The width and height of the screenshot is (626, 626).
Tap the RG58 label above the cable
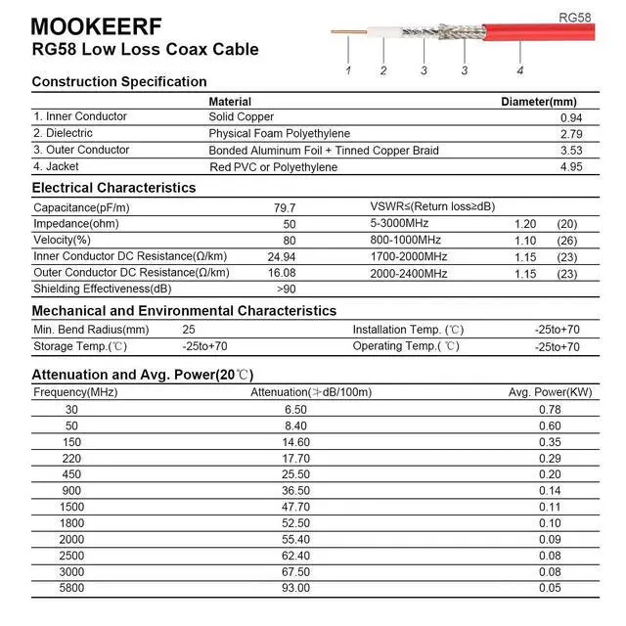575,18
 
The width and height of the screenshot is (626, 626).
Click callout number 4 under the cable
519,70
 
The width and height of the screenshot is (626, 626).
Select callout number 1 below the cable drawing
348,70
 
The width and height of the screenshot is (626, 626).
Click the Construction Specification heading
119,82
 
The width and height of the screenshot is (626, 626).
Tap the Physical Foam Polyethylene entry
279,134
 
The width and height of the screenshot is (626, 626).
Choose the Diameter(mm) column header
538,102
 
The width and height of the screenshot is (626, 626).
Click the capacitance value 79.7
285,208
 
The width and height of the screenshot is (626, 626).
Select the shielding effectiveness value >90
286,290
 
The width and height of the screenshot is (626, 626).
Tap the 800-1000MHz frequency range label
406,241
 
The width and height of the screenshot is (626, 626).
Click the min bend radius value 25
189,331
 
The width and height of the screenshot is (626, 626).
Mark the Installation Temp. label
408,331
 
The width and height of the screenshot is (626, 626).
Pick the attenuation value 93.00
295,589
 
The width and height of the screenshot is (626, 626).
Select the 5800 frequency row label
71,589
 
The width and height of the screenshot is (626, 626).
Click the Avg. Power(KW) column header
550,392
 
